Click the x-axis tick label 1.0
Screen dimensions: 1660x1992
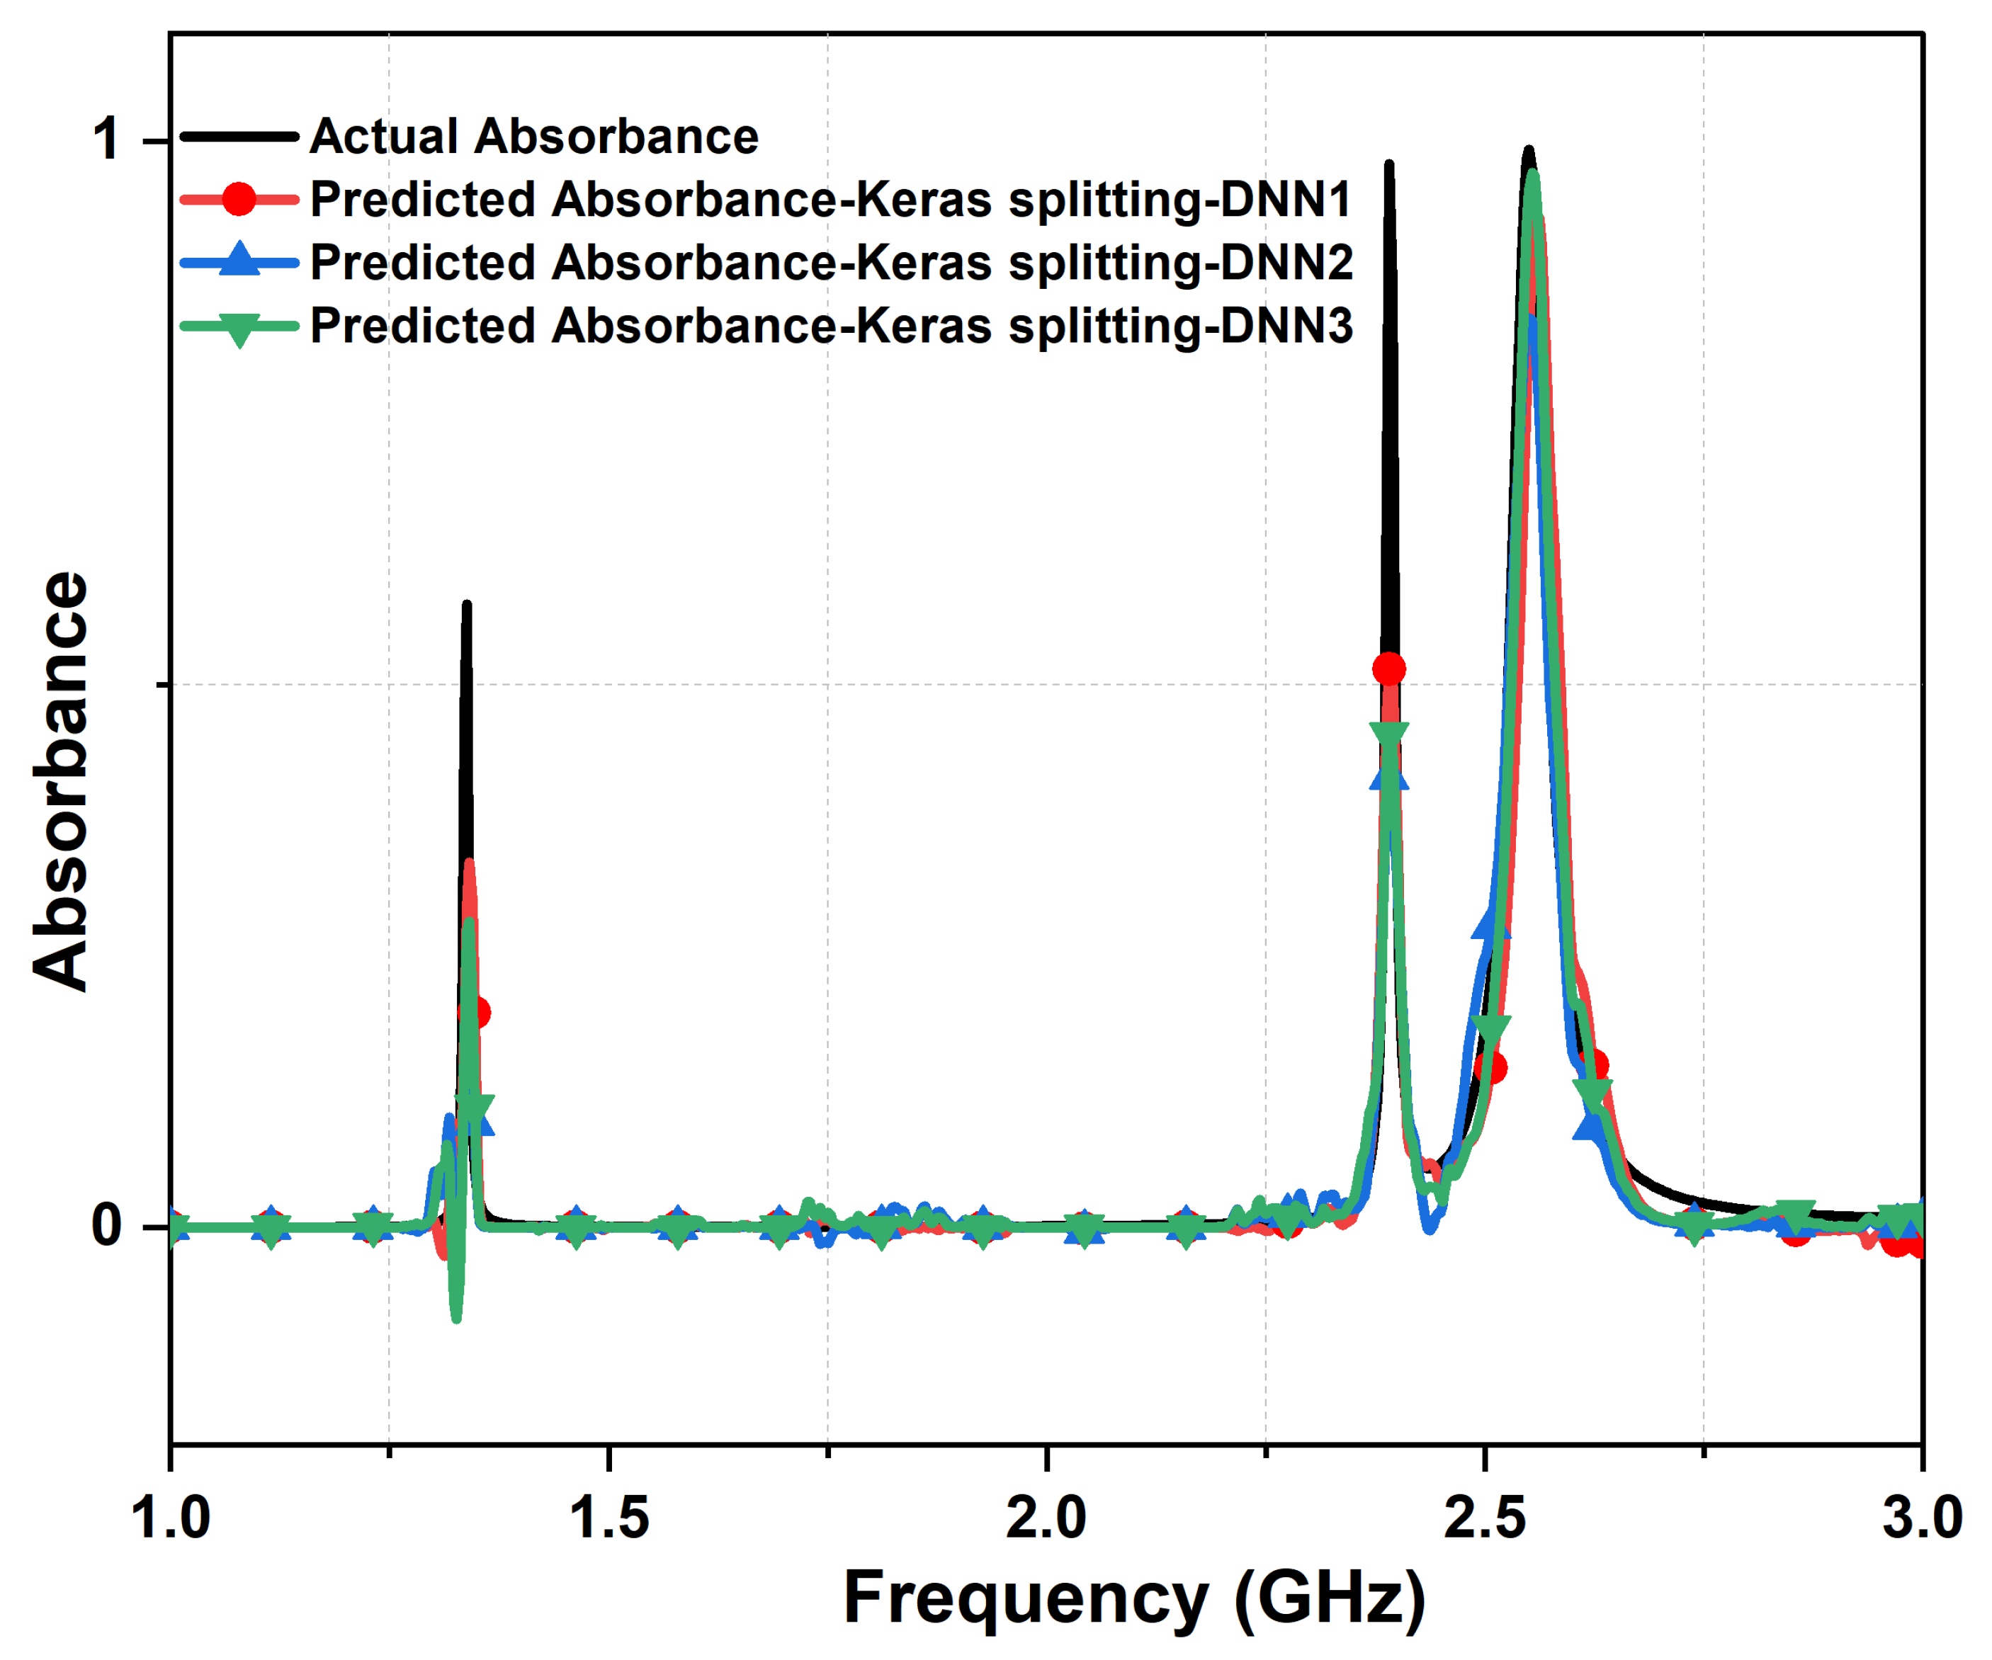tap(170, 1517)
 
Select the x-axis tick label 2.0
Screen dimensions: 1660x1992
tap(1046, 1517)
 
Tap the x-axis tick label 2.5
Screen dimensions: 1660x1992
tap(1485, 1517)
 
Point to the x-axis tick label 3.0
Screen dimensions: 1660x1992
tap(1922, 1517)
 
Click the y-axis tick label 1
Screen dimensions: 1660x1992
tap(106, 140)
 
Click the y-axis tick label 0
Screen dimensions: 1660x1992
tap(106, 1226)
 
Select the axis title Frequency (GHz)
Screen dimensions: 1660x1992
tap(1133, 1599)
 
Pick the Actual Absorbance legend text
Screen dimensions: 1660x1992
tap(534, 137)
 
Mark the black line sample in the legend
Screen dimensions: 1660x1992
tap(239, 137)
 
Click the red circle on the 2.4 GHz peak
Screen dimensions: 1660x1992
tap(1388, 669)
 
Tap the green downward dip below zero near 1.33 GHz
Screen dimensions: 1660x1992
tap(456, 1317)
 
